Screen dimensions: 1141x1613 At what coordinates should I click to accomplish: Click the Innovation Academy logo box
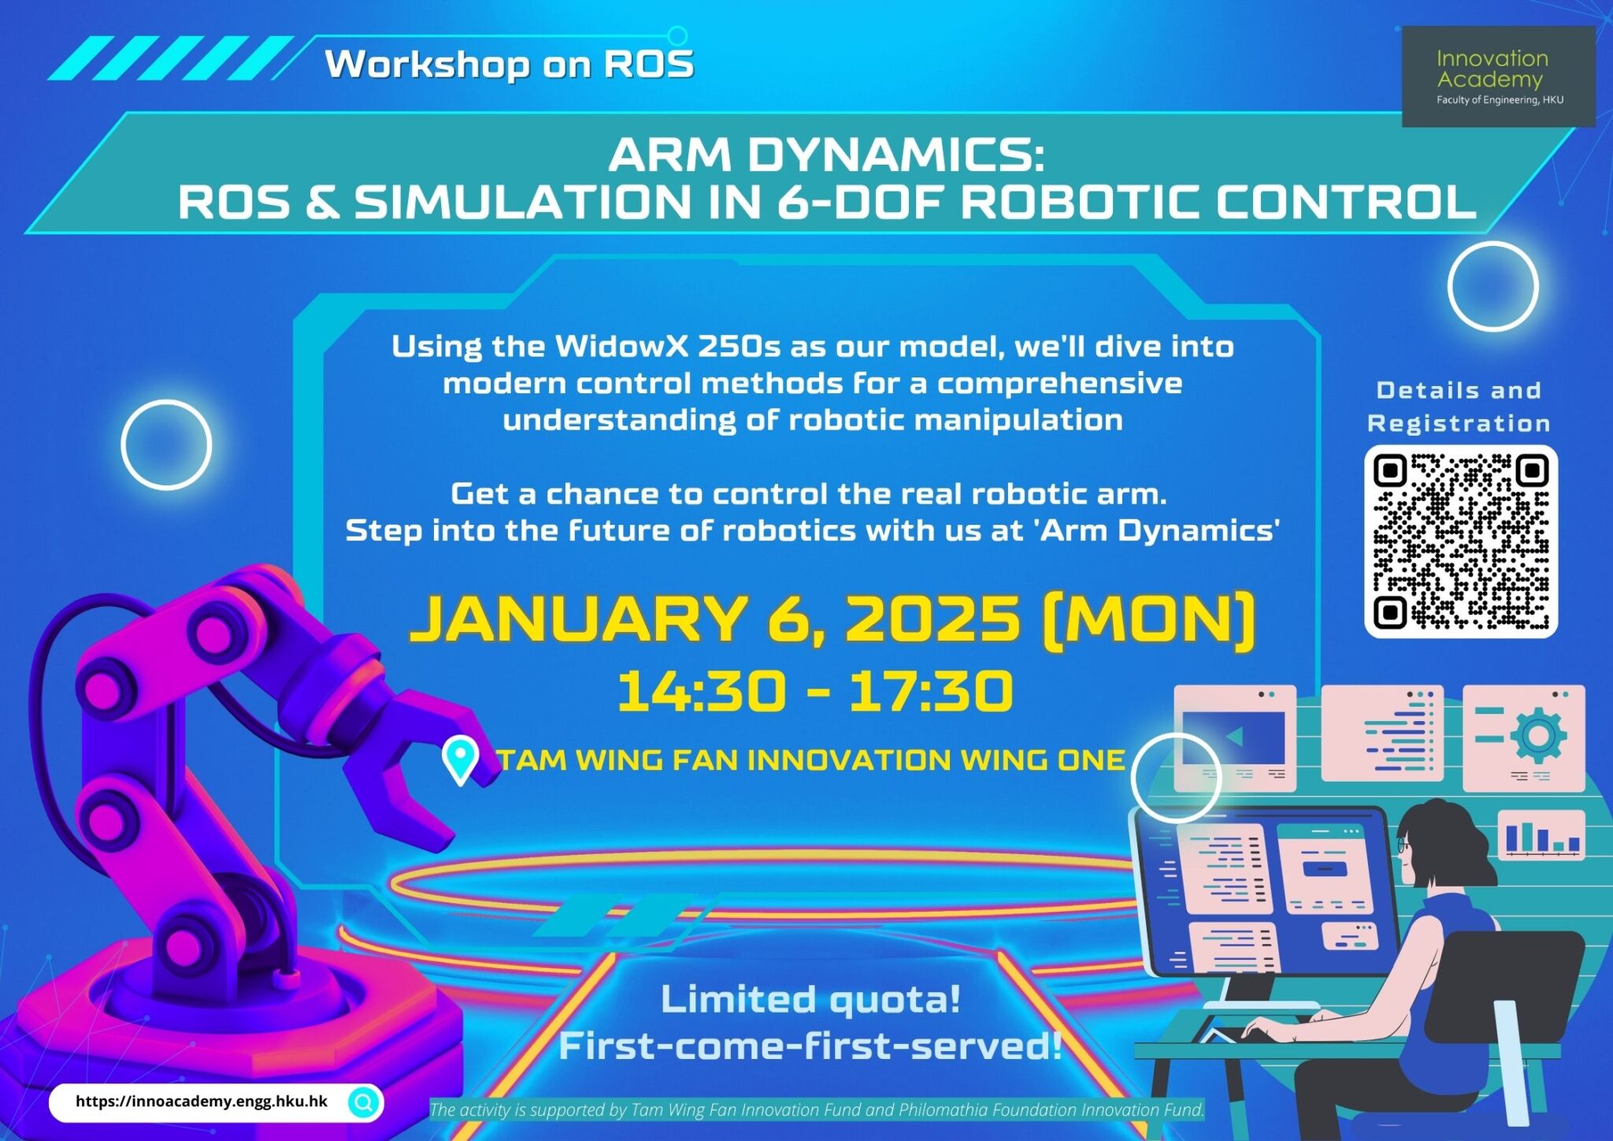1498,76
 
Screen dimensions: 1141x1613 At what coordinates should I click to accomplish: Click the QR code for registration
1461,541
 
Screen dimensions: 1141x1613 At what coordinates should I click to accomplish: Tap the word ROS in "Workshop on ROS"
648,64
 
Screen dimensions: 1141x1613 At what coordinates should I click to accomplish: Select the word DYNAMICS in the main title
895,154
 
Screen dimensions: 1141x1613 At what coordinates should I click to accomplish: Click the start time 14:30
701,692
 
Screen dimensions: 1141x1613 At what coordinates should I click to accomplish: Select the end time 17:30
930,692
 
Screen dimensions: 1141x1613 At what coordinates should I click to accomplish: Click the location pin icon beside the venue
461,758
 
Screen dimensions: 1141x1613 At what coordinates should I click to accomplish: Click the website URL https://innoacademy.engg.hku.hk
201,1102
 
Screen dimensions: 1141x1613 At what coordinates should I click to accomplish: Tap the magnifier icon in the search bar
364,1102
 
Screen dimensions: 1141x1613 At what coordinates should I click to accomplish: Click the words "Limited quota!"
810,1000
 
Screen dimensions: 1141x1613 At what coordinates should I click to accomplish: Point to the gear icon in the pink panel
1537,736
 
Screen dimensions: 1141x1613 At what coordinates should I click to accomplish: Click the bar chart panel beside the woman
1541,837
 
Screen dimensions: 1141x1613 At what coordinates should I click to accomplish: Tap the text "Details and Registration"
1459,407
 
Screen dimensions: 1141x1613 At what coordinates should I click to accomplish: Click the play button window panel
1234,738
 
